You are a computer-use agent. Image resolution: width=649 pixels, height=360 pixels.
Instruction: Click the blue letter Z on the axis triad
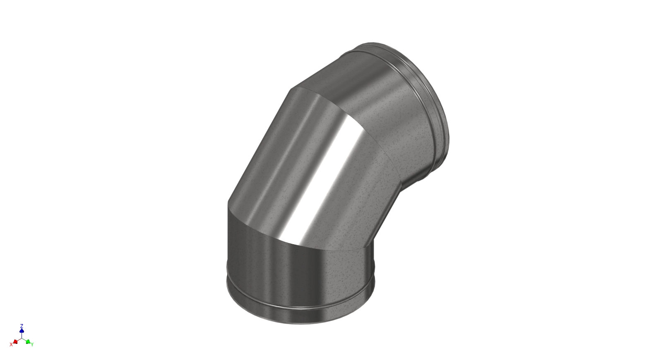22,326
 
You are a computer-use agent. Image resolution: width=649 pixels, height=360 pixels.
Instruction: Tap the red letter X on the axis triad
11,344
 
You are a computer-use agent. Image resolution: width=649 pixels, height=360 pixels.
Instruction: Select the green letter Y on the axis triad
32,344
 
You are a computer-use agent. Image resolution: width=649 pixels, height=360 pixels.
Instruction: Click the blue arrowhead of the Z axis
22,331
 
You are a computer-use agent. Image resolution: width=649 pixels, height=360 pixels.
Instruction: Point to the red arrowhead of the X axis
15,341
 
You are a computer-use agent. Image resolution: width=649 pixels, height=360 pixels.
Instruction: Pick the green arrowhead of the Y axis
28,341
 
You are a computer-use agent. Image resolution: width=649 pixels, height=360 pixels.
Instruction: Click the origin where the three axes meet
22,338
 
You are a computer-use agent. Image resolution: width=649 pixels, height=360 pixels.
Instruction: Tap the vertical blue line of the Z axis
22,335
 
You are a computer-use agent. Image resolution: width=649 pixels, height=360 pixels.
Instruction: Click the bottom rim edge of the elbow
300,323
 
